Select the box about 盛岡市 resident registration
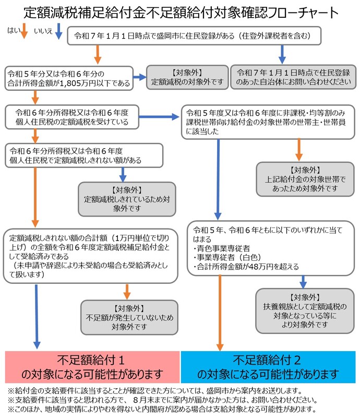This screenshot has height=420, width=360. (x=193, y=36)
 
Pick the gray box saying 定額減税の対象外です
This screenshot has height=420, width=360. (x=187, y=77)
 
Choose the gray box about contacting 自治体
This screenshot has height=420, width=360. (x=293, y=77)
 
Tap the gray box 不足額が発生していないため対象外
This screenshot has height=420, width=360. (x=127, y=318)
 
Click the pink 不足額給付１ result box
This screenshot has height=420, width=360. (x=92, y=367)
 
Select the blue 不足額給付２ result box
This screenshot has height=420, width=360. (x=268, y=367)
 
